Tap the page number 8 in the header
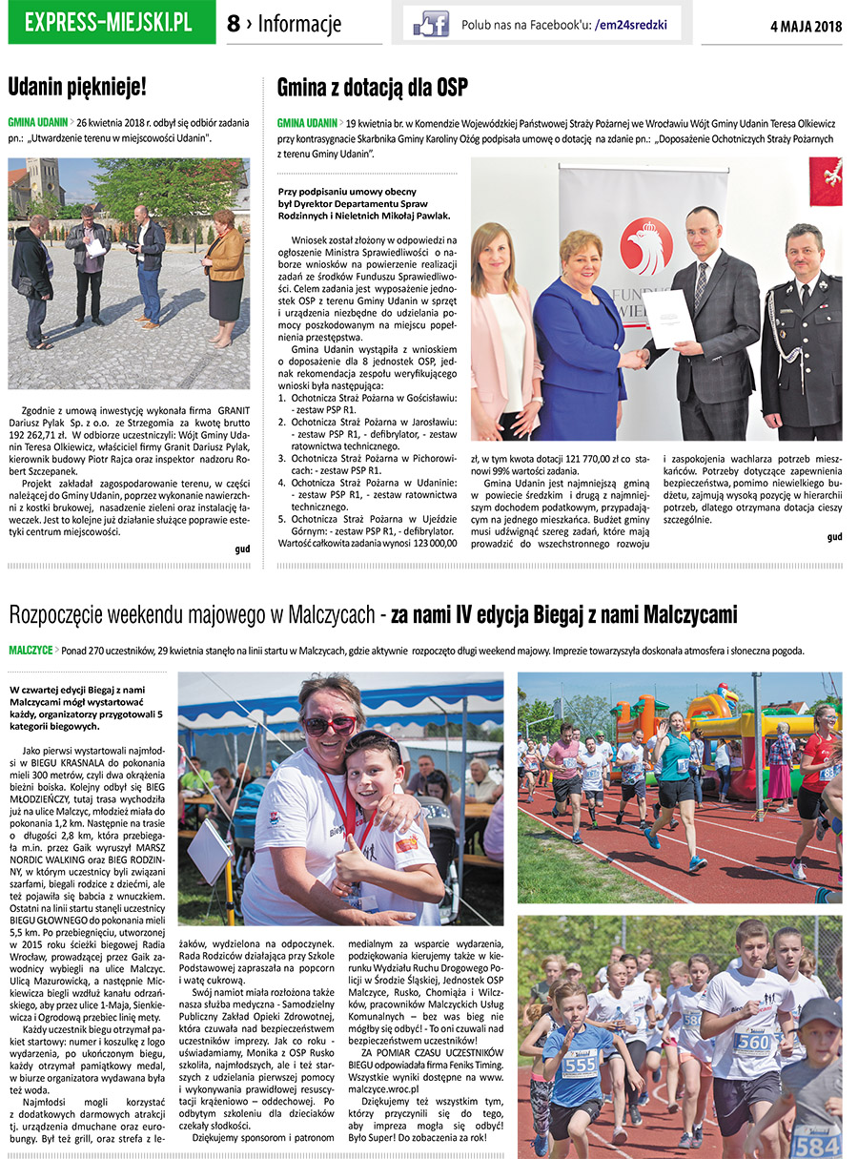[x=234, y=25]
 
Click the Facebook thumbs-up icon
[x=431, y=24]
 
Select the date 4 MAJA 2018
[x=806, y=27]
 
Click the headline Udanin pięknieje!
[x=77, y=88]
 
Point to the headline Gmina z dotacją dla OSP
[x=373, y=89]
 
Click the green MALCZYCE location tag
[x=31, y=651]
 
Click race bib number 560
[x=752, y=1042]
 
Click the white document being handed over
[x=668, y=319]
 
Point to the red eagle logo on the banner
[x=645, y=246]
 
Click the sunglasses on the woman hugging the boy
[x=329, y=725]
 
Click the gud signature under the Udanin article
[x=242, y=549]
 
